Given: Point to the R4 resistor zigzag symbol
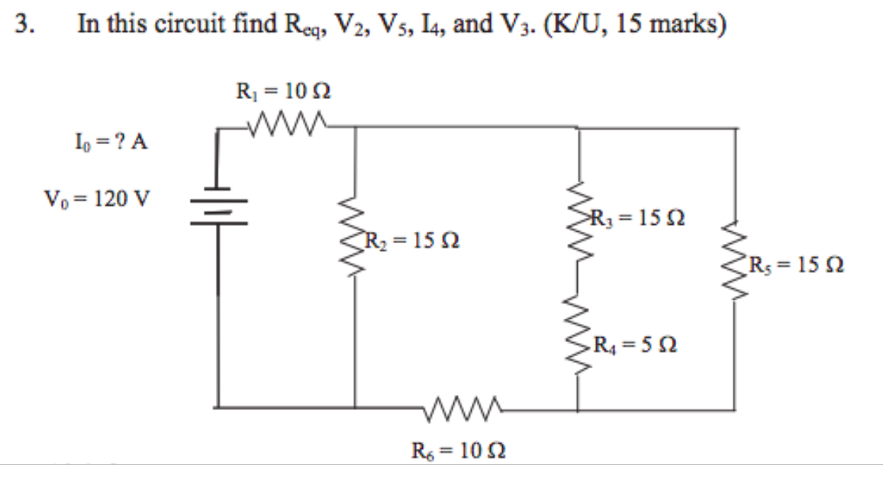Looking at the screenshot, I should pos(578,331).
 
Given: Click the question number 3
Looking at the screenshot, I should pos(25,25).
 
